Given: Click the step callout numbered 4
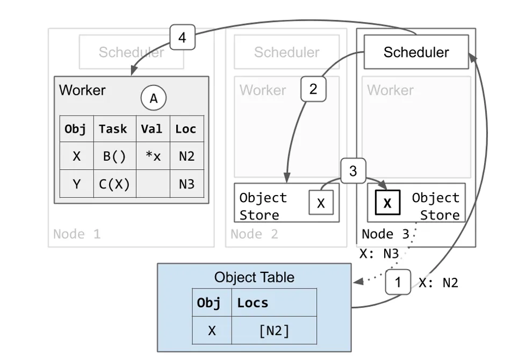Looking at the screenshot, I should (182, 38).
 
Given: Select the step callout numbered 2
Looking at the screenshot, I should (313, 89).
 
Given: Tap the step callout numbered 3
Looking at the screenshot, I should (353, 171).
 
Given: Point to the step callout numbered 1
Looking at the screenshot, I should (398, 282).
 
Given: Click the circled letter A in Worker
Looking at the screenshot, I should (154, 98).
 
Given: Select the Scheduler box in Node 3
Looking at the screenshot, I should (416, 52).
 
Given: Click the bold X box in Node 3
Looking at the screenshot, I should (387, 204).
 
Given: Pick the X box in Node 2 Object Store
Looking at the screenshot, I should (321, 204).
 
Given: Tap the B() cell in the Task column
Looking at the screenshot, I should (114, 156).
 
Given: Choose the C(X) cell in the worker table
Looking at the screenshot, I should (114, 184).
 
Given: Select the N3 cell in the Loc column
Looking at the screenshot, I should (186, 184).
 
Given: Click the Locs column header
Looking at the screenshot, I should (253, 303).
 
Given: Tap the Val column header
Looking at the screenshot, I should (152, 129).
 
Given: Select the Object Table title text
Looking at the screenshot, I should (254, 277).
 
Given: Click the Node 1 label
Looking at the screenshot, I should (77, 234).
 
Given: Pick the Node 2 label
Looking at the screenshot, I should (254, 234).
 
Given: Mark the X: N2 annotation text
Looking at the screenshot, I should (438, 283).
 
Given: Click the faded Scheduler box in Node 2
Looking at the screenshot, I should (286, 52).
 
